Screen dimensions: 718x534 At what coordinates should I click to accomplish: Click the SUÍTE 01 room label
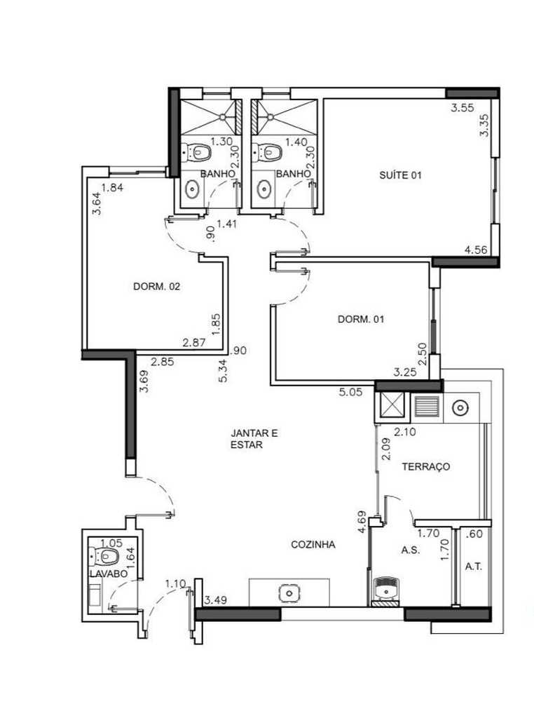pos(400,176)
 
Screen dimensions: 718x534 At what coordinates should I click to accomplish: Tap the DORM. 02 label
pos(157,286)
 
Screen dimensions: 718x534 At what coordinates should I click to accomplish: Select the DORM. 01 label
pos(361,319)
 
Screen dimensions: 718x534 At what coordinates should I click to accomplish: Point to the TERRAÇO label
pos(425,466)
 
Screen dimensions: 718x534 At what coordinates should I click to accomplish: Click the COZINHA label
pos(313,544)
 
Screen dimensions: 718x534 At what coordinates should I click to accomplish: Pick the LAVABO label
pos(108,574)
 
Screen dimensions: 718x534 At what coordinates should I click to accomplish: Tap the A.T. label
pos(474,567)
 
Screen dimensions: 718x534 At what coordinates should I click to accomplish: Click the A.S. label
pos(410,550)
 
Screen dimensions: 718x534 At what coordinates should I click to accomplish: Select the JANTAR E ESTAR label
pos(254,439)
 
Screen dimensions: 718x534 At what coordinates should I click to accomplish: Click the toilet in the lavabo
pos(107,557)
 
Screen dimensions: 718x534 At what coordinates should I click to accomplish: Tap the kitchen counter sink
pos(289,593)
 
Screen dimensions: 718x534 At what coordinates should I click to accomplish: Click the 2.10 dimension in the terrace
pos(406,432)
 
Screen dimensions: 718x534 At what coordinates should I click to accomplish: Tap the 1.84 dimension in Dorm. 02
pos(112,187)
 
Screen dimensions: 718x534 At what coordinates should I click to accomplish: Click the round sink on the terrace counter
pos(461,407)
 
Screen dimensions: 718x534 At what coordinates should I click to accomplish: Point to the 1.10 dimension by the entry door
pos(175,583)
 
